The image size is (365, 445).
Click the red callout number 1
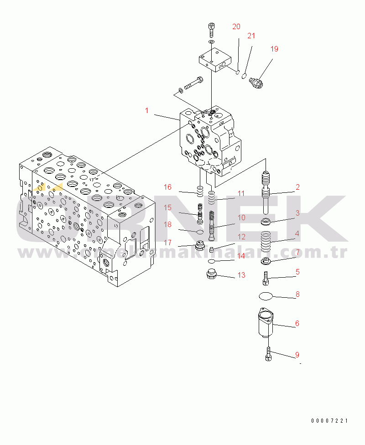point(147,110)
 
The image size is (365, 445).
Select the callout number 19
point(274,49)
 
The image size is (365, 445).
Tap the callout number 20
point(236,26)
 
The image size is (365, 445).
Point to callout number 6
point(297,324)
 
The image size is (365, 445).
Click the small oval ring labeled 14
point(211,261)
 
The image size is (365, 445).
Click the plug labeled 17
point(199,247)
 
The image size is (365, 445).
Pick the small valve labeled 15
point(199,213)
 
